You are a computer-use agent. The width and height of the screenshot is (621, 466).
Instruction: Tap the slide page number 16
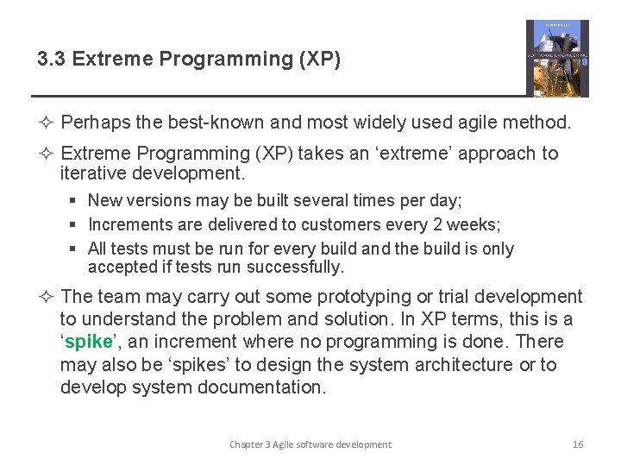tap(578, 444)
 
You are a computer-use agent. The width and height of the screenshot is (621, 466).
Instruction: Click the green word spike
tap(88, 342)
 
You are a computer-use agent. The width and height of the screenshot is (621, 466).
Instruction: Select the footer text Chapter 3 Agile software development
tap(310, 444)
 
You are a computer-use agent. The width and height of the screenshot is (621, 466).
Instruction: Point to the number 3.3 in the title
tap(53, 60)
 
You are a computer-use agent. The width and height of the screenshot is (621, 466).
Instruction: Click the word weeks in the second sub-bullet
tap(477, 224)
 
